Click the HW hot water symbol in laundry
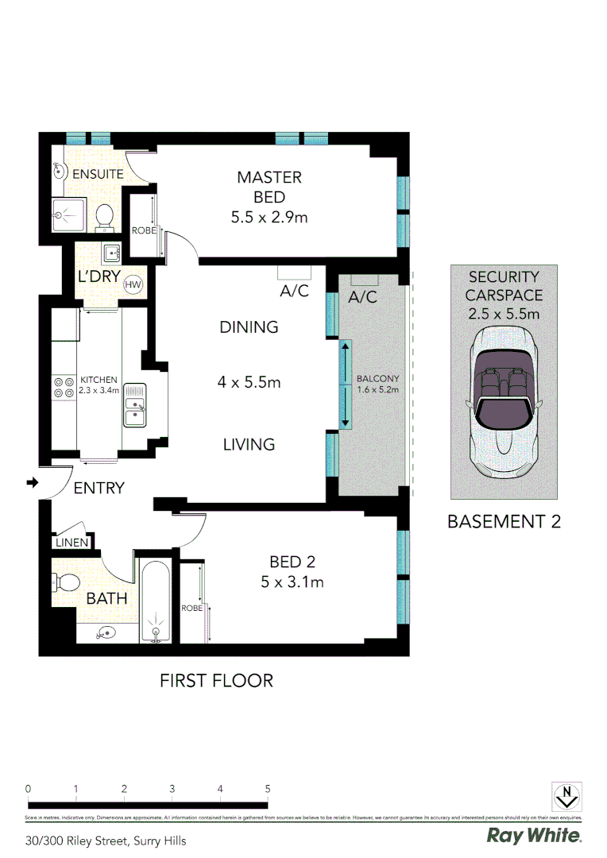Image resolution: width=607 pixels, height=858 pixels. [x=133, y=285]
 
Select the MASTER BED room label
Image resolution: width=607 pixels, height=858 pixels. [x=269, y=187]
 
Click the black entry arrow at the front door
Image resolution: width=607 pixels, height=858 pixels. [x=32, y=482]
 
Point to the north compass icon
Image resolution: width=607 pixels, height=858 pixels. [x=567, y=796]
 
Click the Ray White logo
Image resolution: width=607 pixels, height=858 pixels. [x=534, y=836]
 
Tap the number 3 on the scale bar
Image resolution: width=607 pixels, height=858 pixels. [x=172, y=789]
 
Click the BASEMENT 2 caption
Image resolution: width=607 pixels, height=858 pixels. [x=505, y=522]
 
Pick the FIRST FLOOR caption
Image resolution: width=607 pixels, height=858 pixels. [x=216, y=681]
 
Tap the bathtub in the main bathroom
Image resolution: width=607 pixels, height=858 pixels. [x=156, y=602]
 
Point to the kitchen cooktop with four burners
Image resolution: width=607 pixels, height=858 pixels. [x=64, y=388]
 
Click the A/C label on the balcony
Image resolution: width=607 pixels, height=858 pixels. [x=362, y=297]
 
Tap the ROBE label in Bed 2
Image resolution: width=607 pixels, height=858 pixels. [x=191, y=608]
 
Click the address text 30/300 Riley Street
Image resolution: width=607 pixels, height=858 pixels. [x=106, y=841]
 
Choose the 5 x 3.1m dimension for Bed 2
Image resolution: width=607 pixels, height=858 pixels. [x=292, y=582]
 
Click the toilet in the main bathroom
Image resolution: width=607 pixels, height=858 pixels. [x=65, y=583]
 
